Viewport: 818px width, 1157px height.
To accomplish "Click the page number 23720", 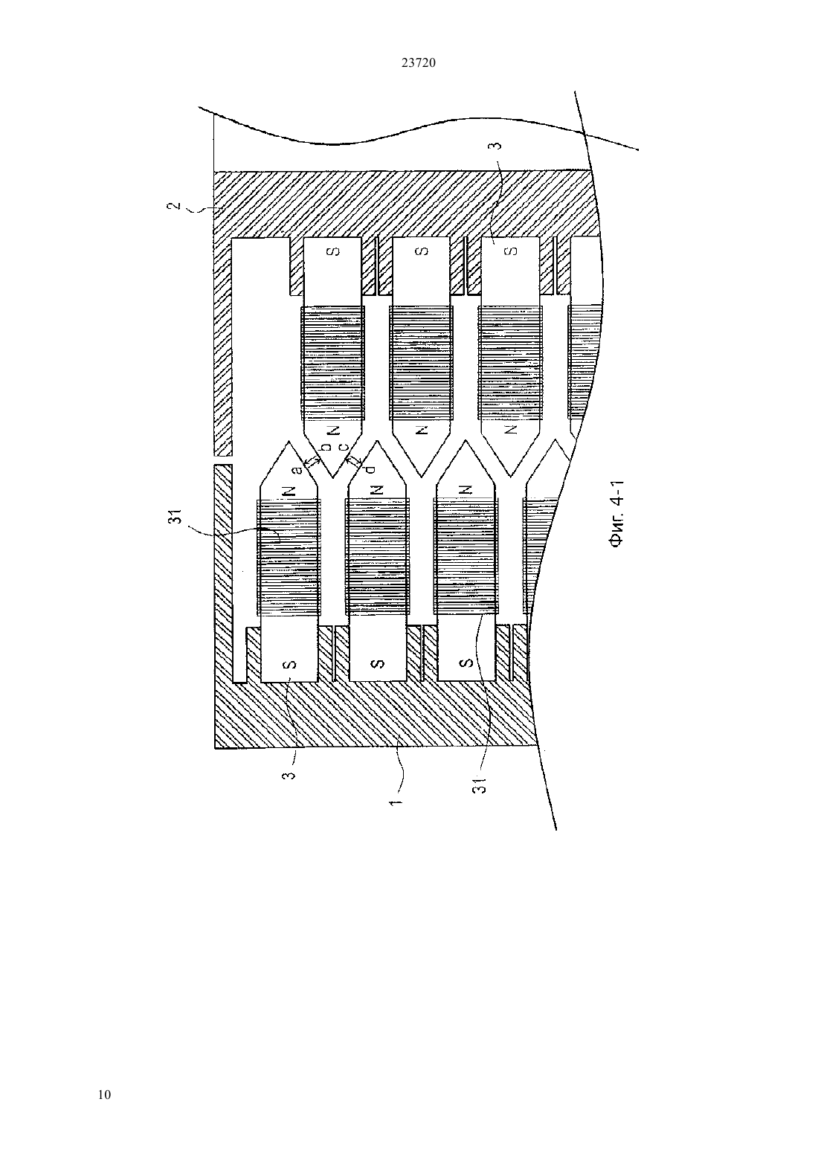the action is tap(418, 63).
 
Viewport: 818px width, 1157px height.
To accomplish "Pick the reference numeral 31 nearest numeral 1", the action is tap(480, 784).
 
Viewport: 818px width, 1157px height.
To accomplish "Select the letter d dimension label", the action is tap(370, 469).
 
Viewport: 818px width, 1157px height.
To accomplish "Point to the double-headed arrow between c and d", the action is tap(354, 460).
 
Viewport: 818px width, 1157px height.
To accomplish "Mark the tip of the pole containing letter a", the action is tap(289, 441).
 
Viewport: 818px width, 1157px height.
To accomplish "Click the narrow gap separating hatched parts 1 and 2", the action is tap(222, 460).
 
